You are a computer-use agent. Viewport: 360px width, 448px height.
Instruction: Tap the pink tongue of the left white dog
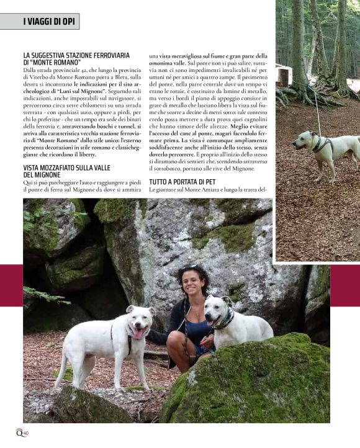(x=138, y=332)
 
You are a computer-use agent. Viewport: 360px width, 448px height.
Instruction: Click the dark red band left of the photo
(x=11, y=285)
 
